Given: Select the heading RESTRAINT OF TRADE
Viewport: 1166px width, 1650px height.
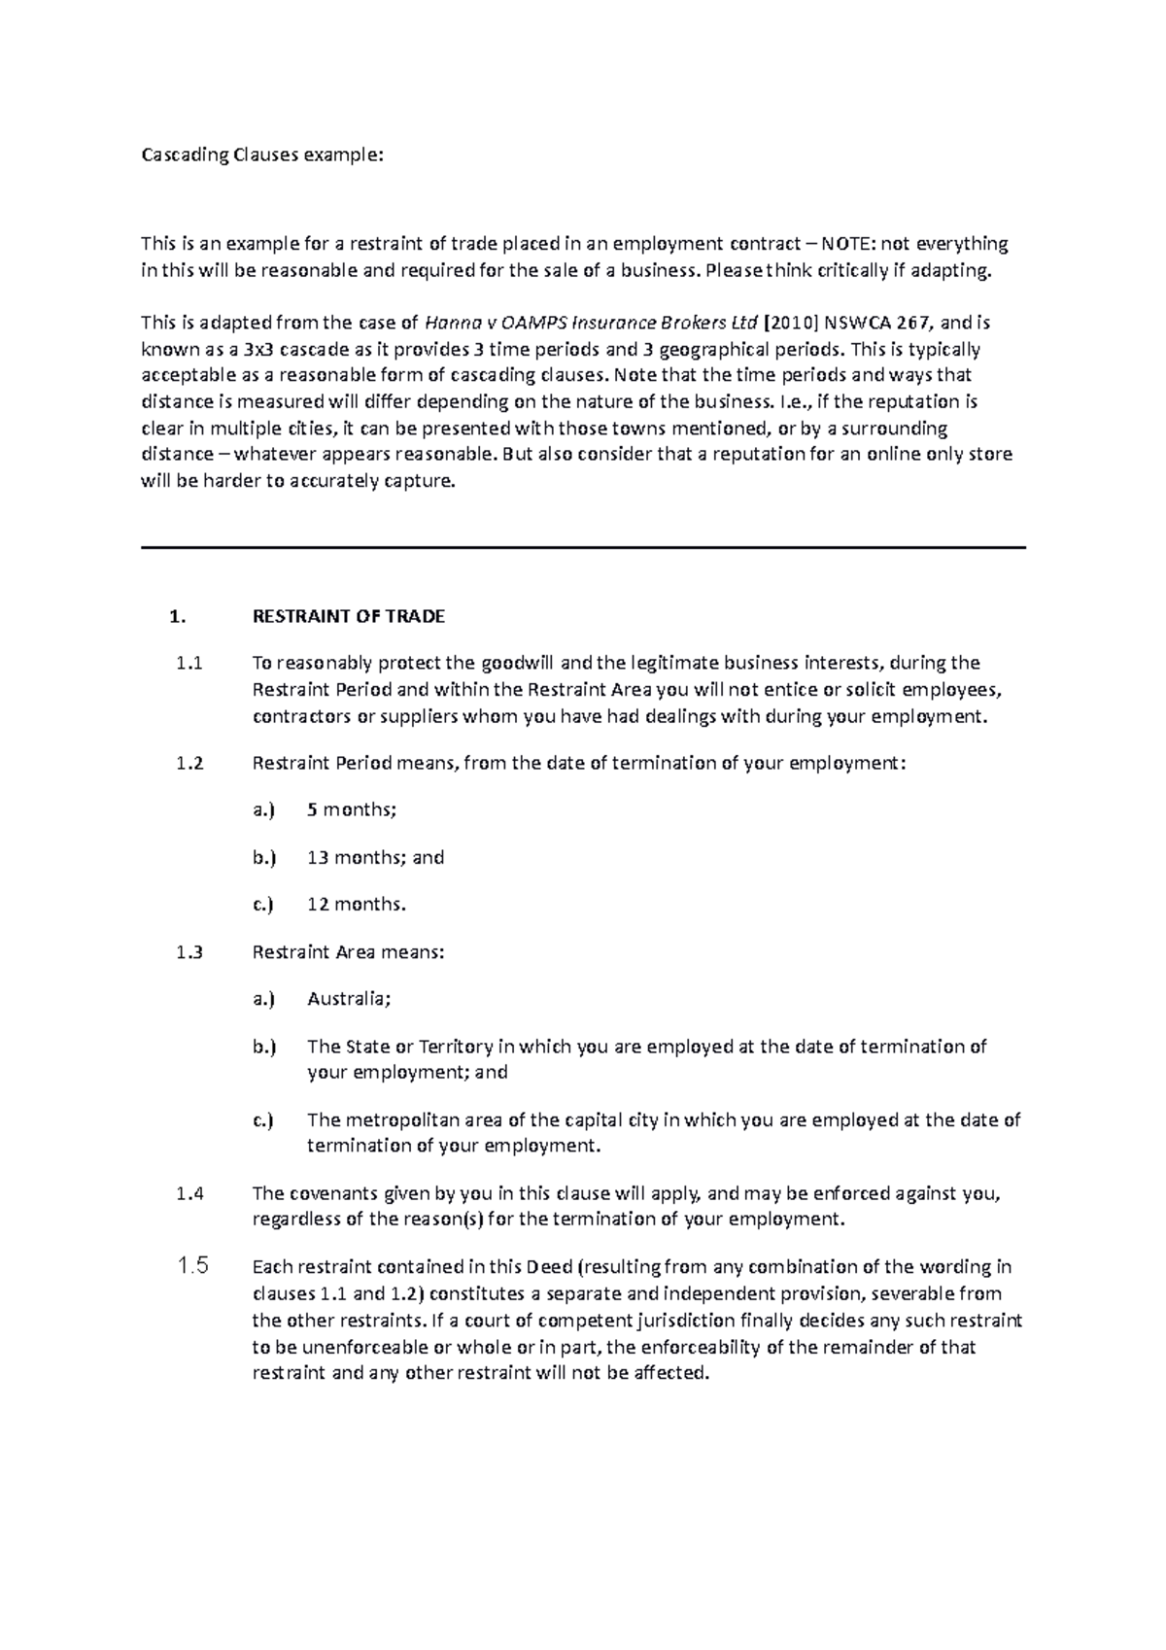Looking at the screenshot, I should pos(348,616).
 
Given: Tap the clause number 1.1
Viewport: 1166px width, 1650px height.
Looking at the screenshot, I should pos(189,664).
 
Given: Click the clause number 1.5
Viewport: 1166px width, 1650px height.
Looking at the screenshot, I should pos(192,1266).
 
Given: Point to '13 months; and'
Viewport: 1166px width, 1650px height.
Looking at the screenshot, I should pos(375,857).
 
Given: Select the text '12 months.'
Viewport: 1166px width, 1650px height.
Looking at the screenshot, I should pos(356,905).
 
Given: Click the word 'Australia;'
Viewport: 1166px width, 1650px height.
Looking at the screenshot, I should pos(349,999).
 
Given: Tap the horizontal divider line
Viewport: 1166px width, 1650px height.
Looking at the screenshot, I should pos(583,548).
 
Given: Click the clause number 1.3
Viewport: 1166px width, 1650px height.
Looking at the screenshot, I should pos(189,952).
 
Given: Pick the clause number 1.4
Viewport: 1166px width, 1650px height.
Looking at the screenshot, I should pos(189,1194).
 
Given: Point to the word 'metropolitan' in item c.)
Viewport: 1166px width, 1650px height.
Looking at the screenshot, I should pos(390,1120).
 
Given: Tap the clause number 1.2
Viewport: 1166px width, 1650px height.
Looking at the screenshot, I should pos(189,763).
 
